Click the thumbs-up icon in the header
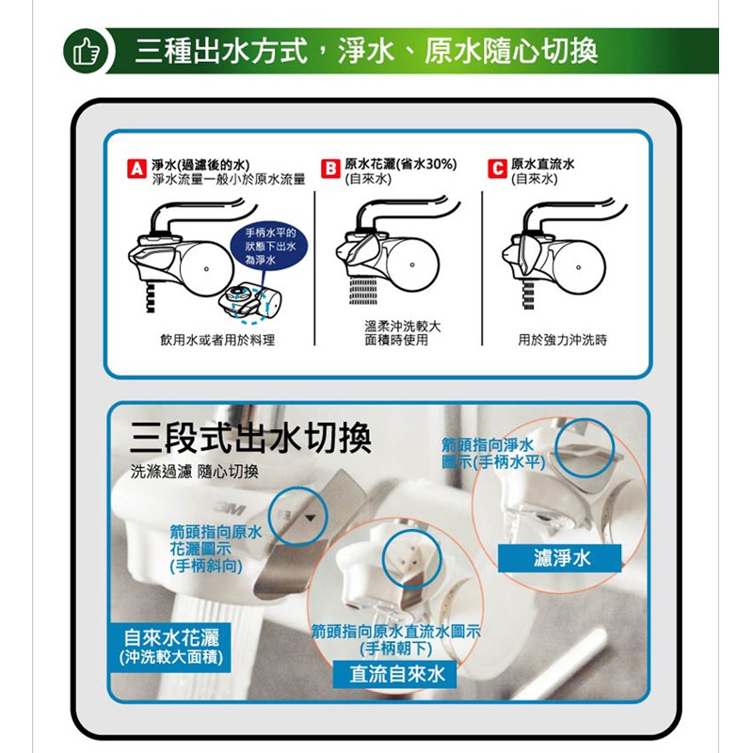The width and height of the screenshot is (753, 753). [x=87, y=52]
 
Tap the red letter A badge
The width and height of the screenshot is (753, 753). [x=136, y=169]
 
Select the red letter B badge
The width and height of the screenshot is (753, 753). [x=330, y=169]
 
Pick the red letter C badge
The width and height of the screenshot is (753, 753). [x=497, y=169]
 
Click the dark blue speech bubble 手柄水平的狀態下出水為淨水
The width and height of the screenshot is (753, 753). [x=270, y=247]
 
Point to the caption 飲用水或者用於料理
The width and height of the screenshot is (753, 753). [x=217, y=340]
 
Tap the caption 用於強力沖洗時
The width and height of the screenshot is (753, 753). [x=562, y=340]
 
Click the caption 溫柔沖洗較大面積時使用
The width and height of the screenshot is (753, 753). [x=403, y=333]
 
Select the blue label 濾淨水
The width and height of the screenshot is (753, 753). [x=560, y=558]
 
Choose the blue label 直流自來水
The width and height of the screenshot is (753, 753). [x=394, y=674]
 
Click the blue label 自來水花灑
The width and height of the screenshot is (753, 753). [x=170, y=647]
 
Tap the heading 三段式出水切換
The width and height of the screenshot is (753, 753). [x=250, y=438]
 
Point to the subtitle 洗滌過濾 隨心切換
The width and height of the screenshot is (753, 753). [x=195, y=472]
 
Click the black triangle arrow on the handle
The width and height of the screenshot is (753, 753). [x=311, y=519]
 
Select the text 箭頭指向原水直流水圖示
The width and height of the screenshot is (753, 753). [x=395, y=632]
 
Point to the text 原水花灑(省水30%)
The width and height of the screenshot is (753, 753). [x=401, y=164]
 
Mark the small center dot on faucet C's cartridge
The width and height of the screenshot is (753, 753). [x=578, y=267]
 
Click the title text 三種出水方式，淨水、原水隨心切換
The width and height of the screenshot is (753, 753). [x=366, y=52]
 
